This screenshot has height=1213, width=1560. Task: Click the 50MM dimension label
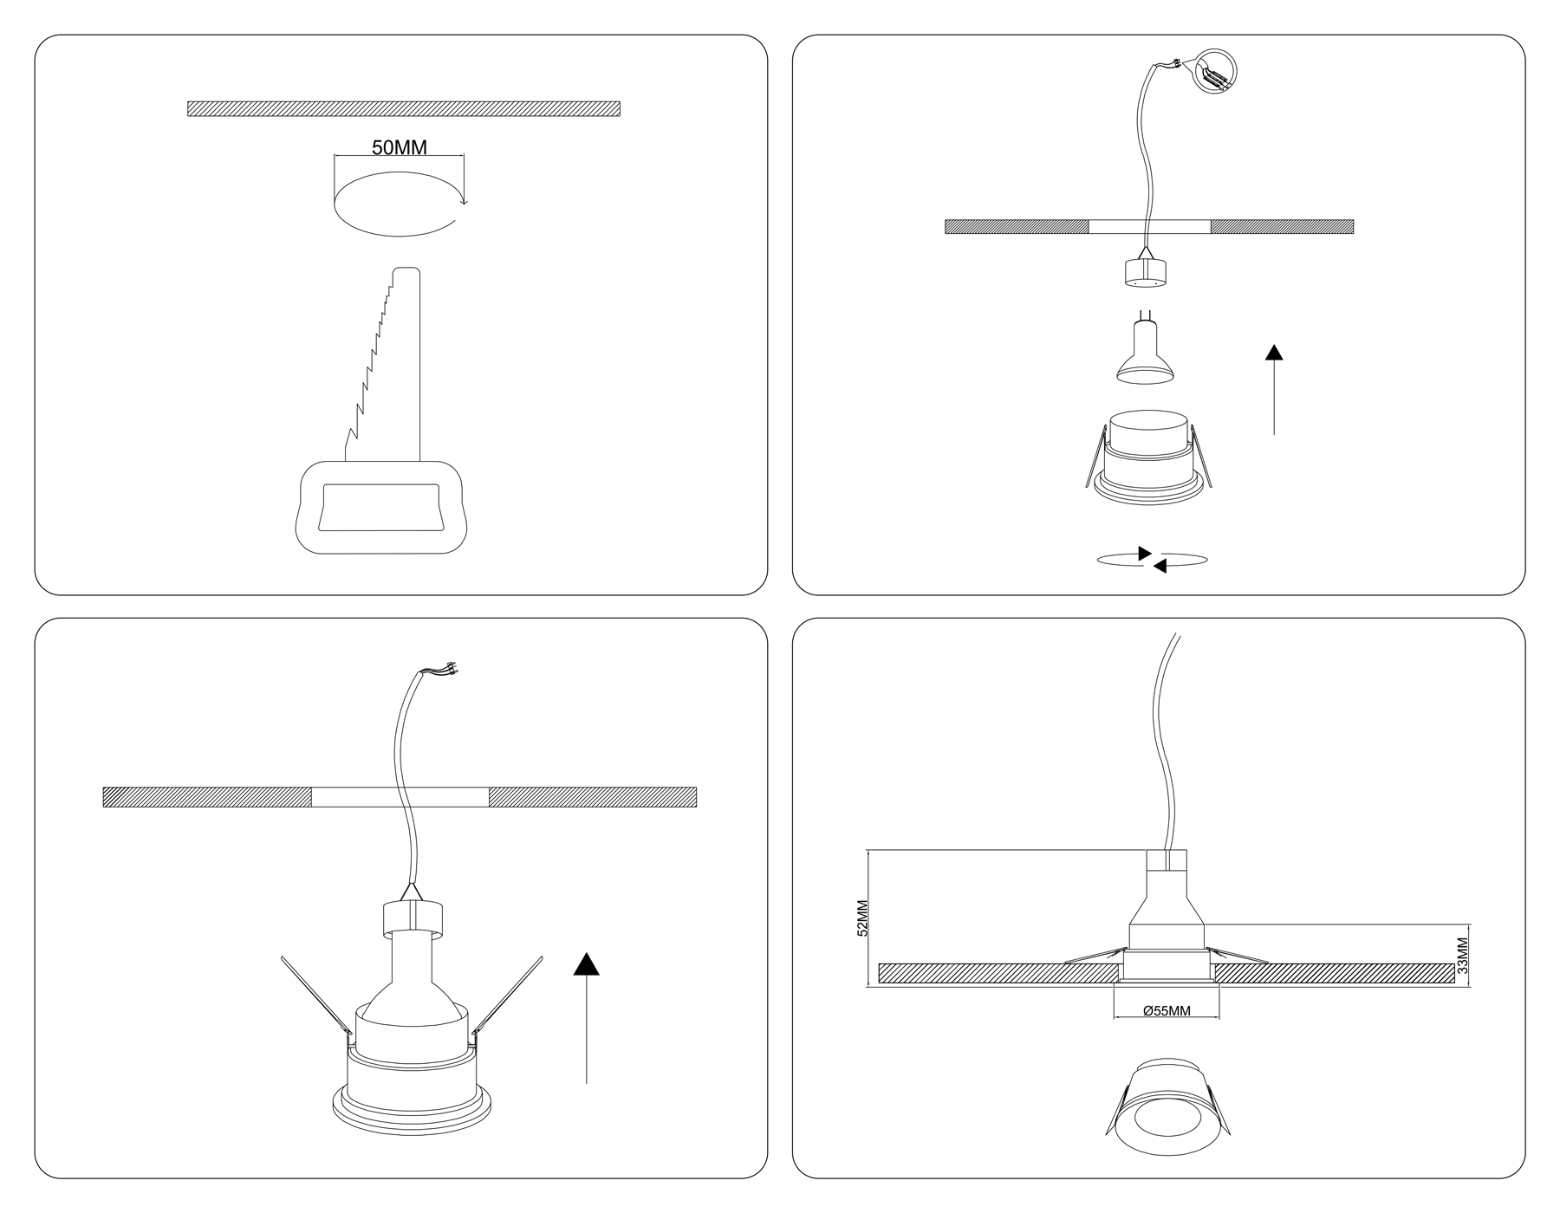(x=400, y=147)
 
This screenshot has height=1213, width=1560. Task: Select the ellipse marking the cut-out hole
(x=399, y=204)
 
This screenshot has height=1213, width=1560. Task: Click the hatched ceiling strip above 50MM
(x=404, y=108)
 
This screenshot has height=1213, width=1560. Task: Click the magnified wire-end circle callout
(x=1217, y=70)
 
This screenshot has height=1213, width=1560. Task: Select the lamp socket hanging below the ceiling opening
(x=1146, y=271)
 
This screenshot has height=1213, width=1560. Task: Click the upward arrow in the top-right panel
(x=1274, y=389)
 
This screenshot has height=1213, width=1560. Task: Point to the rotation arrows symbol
(x=1152, y=560)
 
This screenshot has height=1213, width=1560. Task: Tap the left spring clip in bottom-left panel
(x=317, y=996)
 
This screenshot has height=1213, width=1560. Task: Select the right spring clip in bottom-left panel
(x=507, y=996)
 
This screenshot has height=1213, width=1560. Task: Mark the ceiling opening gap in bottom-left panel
(x=400, y=797)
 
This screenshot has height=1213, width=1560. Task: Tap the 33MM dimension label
(x=1463, y=957)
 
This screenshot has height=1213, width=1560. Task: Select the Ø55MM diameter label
(x=1167, y=1011)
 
